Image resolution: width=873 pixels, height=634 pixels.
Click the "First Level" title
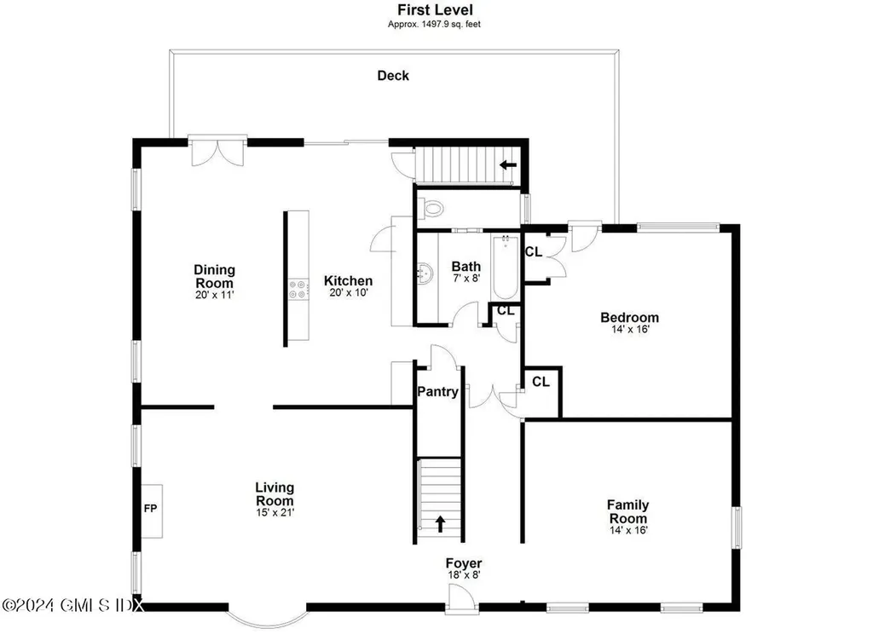[x=435, y=9]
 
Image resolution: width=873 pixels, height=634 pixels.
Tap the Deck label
[x=393, y=76]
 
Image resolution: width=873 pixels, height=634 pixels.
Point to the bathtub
[x=505, y=268]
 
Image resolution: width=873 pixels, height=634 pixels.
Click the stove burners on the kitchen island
[x=298, y=289]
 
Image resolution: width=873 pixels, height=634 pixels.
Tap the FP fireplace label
[x=150, y=508]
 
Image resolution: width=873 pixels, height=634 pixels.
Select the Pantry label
[x=437, y=392]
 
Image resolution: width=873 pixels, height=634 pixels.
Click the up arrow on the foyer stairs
[x=441, y=524]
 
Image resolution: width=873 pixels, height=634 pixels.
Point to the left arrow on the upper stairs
[x=508, y=164]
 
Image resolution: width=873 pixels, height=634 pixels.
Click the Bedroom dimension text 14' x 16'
[x=630, y=329]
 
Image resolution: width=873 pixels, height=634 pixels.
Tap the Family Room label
[x=628, y=511]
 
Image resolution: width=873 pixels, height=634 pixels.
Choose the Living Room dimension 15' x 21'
[x=275, y=512]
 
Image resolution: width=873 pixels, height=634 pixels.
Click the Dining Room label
[x=214, y=276]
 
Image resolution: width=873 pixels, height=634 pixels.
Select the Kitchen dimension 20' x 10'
[x=349, y=292]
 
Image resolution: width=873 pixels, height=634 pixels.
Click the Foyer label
[x=464, y=563]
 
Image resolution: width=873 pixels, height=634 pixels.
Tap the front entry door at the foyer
[x=462, y=602]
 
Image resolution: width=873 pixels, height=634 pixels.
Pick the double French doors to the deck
[x=217, y=150]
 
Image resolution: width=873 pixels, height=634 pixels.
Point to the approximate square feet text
[x=434, y=25]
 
